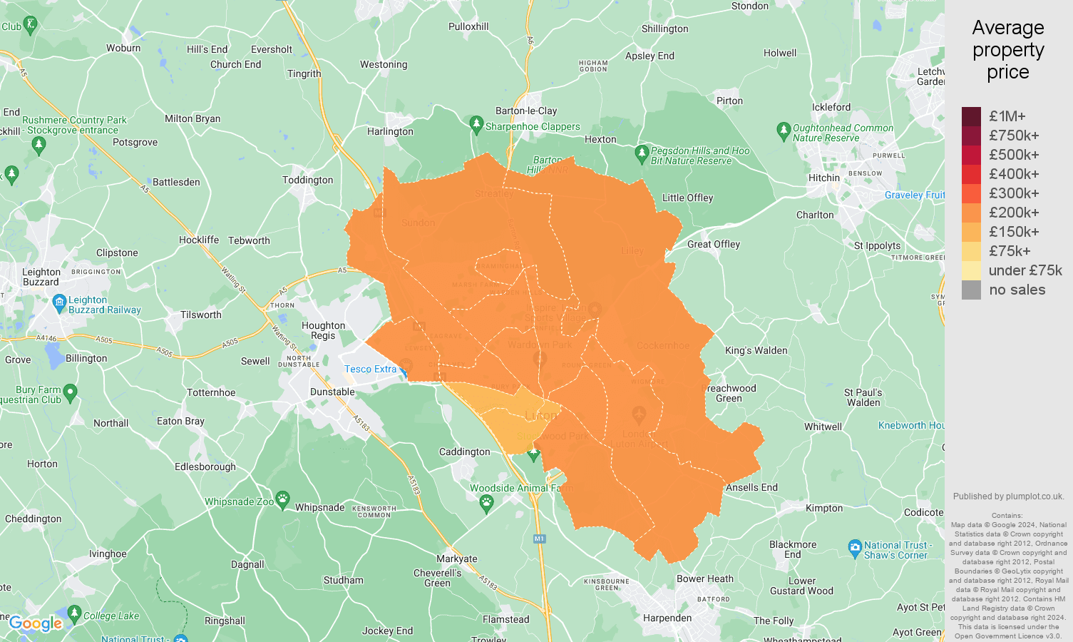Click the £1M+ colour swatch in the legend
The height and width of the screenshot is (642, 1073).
click(971, 116)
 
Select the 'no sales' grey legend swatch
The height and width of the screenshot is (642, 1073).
click(971, 290)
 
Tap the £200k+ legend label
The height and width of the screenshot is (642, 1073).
click(1014, 213)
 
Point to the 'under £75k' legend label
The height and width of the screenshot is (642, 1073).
click(1025, 270)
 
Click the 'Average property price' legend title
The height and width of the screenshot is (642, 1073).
click(1007, 50)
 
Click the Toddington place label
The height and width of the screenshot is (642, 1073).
click(307, 180)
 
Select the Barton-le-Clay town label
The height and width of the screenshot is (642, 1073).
click(526, 111)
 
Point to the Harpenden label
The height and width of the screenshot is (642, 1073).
click(667, 618)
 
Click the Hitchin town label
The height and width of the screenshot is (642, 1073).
click(824, 178)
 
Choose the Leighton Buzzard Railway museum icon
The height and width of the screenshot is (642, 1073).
click(60, 303)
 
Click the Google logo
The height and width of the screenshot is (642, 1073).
click(36, 624)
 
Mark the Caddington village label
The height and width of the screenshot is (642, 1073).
click(464, 452)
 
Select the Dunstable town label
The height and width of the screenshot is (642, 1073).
click(332, 392)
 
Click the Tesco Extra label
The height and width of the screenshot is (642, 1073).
click(370, 369)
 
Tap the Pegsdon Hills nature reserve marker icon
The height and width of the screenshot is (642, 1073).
click(642, 153)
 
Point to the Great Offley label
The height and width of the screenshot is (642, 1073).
click(714, 244)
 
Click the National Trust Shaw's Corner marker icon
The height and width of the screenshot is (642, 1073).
click(855, 549)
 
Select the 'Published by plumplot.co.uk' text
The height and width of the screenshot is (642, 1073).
click(1008, 496)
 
